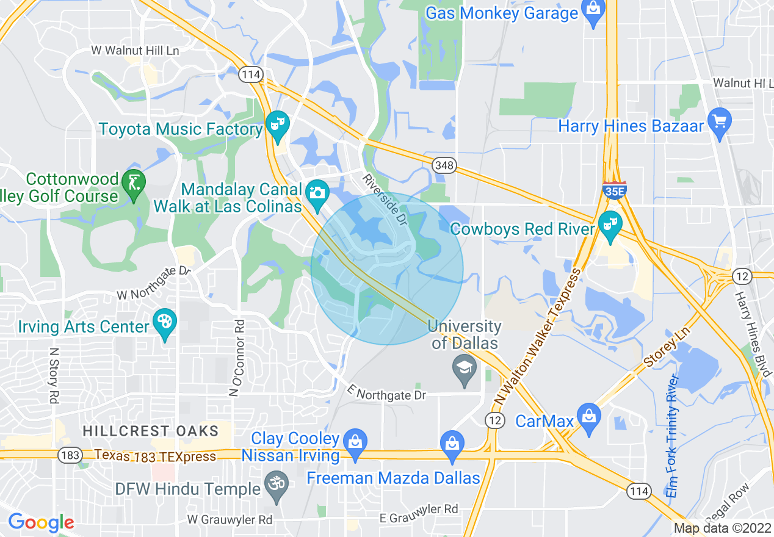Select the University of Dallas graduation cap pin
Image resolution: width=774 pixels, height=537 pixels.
click(465, 370)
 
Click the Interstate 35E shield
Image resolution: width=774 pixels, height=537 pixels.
click(613, 190)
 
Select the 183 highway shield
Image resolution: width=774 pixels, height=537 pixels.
click(68, 455)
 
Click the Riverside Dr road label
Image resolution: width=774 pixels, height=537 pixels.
click(385, 199)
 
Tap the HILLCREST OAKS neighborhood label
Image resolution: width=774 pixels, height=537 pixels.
click(151, 431)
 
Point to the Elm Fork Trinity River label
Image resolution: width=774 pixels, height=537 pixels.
click(673, 436)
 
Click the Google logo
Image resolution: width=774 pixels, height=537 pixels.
click(41, 522)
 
